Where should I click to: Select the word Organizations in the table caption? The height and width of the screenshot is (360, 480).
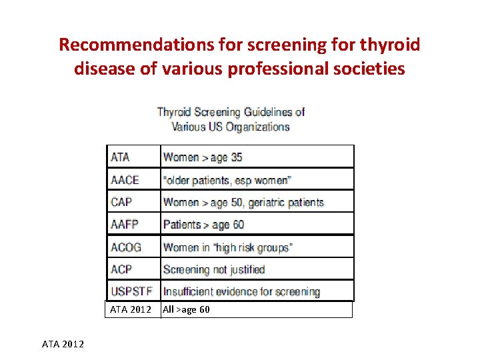pyautogui.click(x=258, y=127)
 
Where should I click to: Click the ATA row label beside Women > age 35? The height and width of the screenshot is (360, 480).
pyautogui.click(x=121, y=157)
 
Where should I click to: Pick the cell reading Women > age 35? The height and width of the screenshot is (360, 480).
pyautogui.click(x=203, y=157)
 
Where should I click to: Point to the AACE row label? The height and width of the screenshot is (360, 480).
pyautogui.click(x=125, y=180)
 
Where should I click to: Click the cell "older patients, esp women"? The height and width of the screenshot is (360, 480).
pyautogui.click(x=227, y=180)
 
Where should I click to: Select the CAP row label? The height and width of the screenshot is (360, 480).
pyautogui.click(x=121, y=202)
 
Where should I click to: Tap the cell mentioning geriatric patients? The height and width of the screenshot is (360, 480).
pyautogui.click(x=243, y=202)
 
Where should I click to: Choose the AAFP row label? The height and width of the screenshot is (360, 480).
pyautogui.click(x=125, y=225)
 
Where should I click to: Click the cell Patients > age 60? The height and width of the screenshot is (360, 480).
pyautogui.click(x=203, y=225)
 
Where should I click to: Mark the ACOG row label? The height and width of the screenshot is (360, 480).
pyautogui.click(x=127, y=247)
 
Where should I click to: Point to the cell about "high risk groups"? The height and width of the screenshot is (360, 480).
pyautogui.click(x=227, y=247)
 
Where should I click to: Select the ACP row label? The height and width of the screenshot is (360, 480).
pyautogui.click(x=121, y=269)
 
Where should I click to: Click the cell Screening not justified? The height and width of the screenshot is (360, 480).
pyautogui.click(x=214, y=269)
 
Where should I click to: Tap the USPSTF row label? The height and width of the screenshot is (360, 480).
pyautogui.click(x=132, y=291)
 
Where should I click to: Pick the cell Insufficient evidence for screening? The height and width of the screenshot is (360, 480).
pyautogui.click(x=241, y=291)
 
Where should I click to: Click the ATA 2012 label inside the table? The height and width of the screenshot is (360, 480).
pyautogui.click(x=131, y=309)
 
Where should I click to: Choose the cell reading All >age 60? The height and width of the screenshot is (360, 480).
pyautogui.click(x=187, y=309)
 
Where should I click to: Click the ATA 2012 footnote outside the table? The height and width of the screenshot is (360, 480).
pyautogui.click(x=63, y=344)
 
